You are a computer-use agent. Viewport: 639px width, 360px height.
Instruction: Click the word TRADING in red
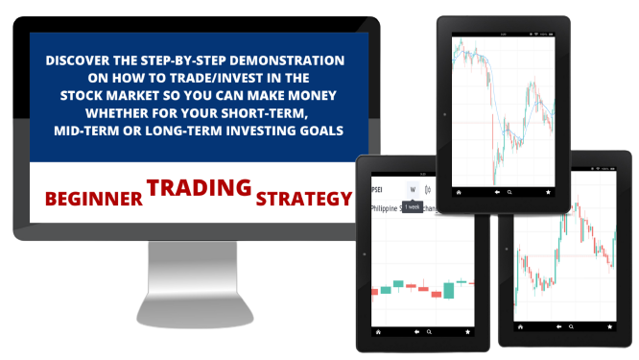pyautogui.click(x=200, y=187)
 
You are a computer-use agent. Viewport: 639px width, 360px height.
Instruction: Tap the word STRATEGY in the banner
pyautogui.click(x=303, y=200)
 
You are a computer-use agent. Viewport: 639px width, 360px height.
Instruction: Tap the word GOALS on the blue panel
pyautogui.click(x=319, y=129)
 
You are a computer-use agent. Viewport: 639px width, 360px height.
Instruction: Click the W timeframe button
pyautogui.click(x=411, y=189)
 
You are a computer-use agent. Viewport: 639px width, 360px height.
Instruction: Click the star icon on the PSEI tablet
pyautogui.click(x=467, y=330)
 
